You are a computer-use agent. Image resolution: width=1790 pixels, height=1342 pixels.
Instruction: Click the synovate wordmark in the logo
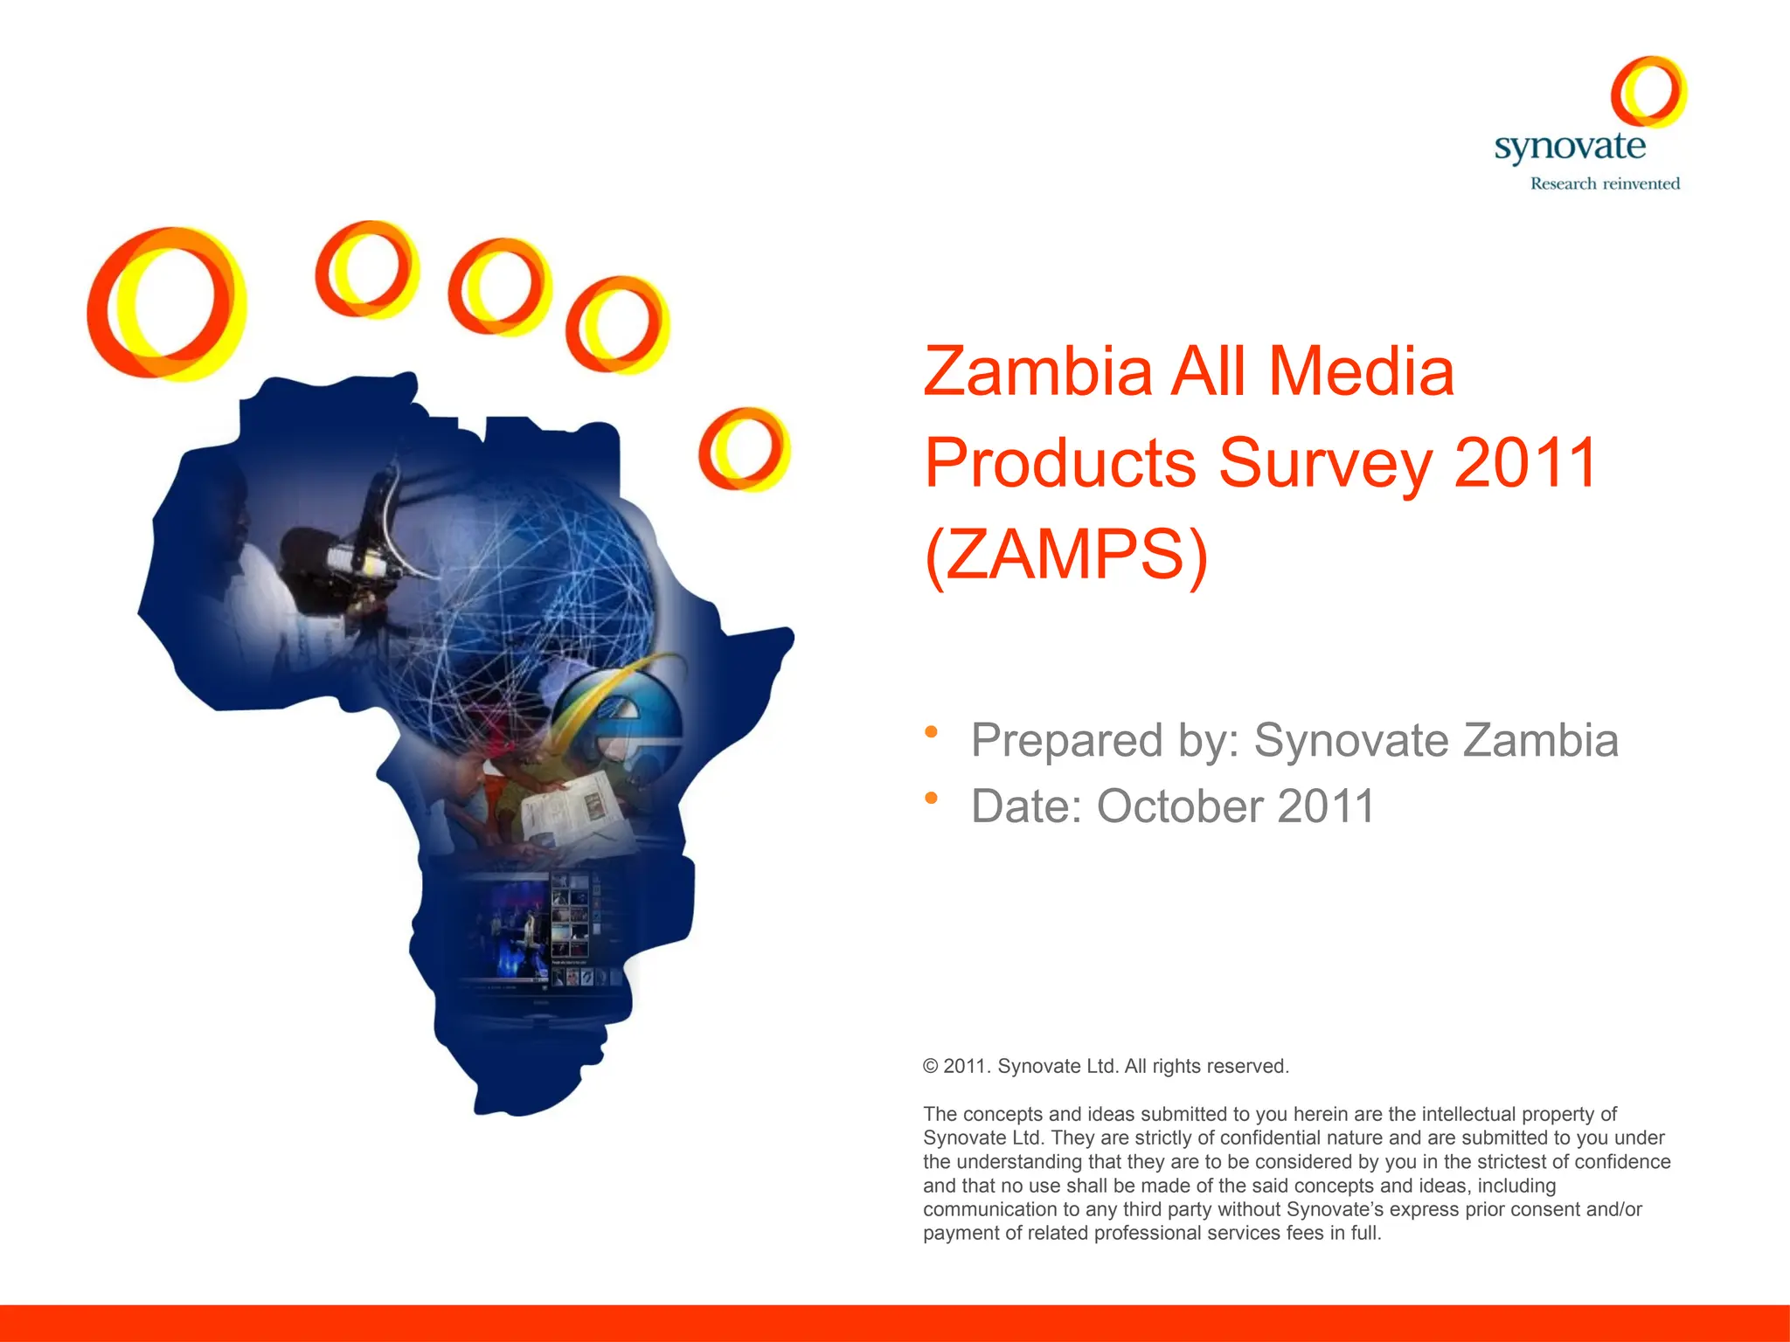pos(1570,147)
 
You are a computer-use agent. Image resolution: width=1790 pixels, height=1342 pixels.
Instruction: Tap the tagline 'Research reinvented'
pos(1605,183)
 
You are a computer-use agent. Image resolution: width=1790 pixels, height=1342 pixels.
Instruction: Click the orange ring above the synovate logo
pos(1648,92)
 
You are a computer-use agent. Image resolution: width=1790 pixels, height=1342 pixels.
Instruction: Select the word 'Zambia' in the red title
pos(1037,372)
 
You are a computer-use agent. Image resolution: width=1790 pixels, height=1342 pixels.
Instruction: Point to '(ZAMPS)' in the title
pos(1066,554)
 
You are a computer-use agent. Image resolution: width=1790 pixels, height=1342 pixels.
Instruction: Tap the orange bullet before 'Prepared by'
pos(932,731)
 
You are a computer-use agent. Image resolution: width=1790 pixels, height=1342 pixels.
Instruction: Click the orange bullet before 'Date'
pos(932,798)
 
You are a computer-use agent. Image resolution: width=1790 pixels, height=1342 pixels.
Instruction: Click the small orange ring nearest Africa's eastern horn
pos(744,448)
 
